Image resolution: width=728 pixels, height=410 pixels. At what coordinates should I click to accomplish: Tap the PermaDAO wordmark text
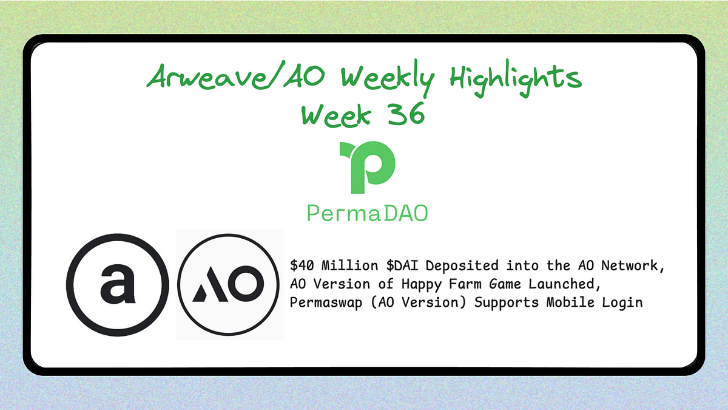367,214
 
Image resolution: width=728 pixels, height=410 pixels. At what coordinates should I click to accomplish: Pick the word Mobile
558,302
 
